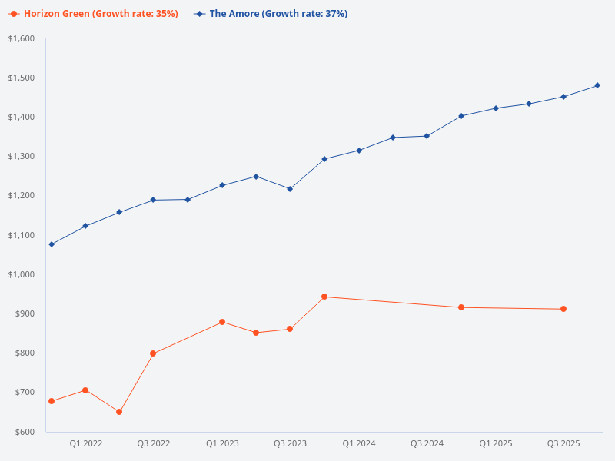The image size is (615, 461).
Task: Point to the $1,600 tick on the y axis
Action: [22, 38]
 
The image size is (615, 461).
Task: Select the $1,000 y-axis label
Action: [22, 274]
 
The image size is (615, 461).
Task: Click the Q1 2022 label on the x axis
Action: [85, 443]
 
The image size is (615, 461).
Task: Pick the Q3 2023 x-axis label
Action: [290, 443]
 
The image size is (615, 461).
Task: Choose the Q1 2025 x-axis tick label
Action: [495, 443]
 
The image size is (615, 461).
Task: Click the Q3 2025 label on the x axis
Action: [563, 443]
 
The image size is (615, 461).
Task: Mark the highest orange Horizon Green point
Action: [324, 297]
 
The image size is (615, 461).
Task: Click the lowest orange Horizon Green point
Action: [119, 412]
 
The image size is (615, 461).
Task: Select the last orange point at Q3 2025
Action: [563, 309]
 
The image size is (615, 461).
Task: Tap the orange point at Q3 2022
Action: [153, 353]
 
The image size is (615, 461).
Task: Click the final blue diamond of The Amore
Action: [597, 85]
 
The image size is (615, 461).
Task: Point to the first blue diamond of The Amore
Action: [52, 244]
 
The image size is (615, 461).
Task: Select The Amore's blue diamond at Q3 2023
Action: [290, 189]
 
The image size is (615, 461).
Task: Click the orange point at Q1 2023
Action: [222, 322]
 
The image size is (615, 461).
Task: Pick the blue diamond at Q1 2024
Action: [359, 151]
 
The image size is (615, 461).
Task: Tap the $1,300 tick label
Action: [22, 156]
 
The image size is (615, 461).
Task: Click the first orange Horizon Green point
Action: [52, 401]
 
